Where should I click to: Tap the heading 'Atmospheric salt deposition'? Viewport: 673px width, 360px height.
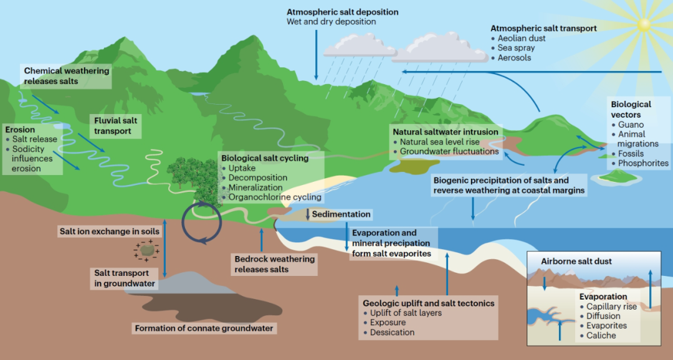click(342, 12)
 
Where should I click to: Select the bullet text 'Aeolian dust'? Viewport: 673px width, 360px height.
click(522, 38)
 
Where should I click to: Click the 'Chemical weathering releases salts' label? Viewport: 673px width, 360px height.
click(66, 76)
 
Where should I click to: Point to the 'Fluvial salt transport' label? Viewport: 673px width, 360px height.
click(113, 126)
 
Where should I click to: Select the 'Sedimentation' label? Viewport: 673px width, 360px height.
click(341, 214)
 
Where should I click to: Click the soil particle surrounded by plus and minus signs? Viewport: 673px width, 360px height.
click(147, 250)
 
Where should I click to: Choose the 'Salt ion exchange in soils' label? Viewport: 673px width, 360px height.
click(109, 231)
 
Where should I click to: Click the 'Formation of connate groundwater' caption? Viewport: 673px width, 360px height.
click(204, 328)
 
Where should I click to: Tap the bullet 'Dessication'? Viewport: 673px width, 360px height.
click(392, 332)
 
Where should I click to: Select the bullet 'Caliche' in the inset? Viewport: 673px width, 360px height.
click(601, 335)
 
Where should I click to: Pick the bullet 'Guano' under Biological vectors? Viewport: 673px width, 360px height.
click(631, 125)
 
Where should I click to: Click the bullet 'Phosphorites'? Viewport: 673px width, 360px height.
click(642, 163)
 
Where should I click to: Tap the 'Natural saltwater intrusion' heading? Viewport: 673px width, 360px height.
click(445, 132)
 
